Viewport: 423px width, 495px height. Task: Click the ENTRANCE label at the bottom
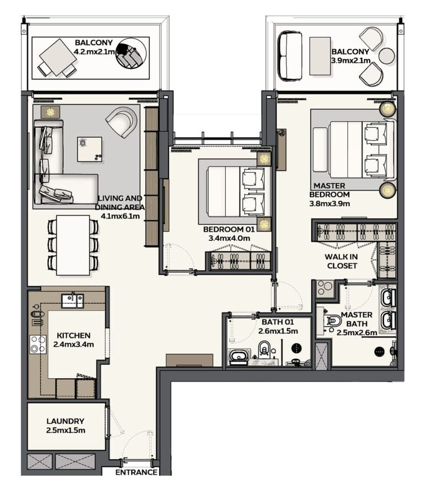(x=136, y=472)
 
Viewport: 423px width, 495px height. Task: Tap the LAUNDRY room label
(x=66, y=421)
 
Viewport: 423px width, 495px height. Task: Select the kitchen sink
(x=73, y=301)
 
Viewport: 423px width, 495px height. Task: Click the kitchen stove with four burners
(x=38, y=344)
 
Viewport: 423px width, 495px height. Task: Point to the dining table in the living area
(x=73, y=245)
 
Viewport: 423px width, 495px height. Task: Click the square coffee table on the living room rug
(x=90, y=149)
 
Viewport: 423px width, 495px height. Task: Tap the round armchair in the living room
(x=122, y=122)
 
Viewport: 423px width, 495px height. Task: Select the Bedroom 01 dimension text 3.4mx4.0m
(x=229, y=238)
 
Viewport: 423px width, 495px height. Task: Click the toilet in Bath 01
(x=264, y=349)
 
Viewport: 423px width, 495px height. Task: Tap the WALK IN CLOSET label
(x=342, y=261)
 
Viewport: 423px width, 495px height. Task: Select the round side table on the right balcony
(x=387, y=56)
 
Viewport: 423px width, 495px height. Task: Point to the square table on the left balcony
(x=58, y=57)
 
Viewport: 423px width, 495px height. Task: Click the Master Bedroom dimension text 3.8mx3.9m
(x=329, y=203)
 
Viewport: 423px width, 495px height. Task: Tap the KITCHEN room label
(x=73, y=335)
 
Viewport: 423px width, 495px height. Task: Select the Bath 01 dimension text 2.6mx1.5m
(x=278, y=331)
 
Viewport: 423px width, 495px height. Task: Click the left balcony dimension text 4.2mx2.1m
(x=94, y=51)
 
